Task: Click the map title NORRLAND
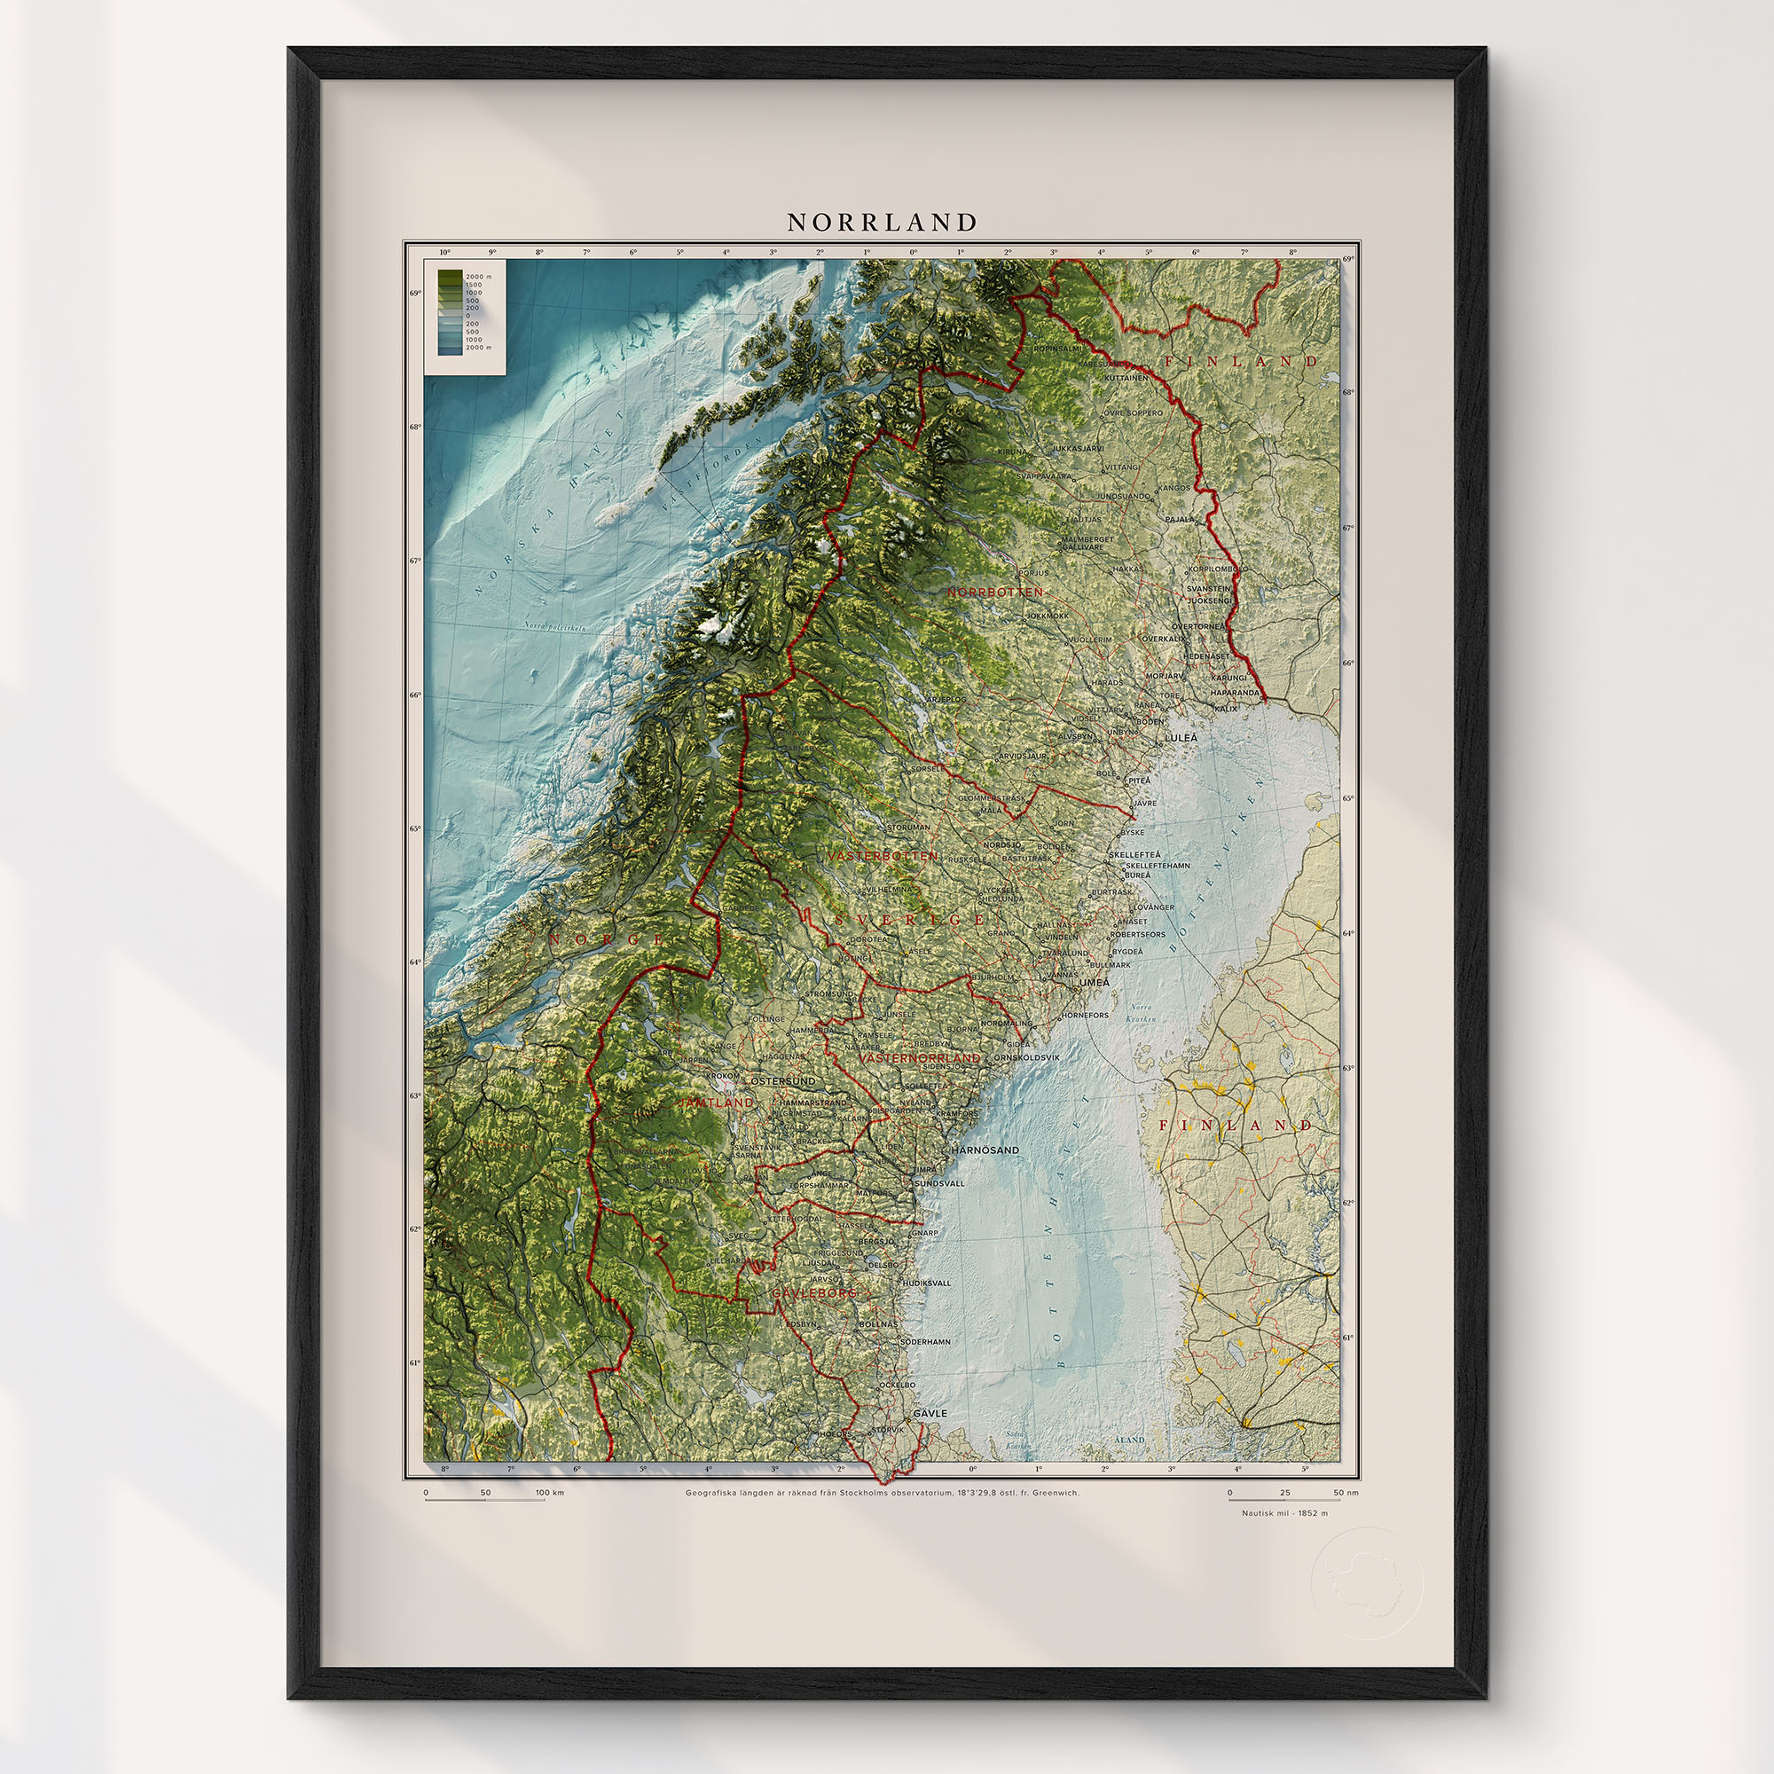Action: pyautogui.click(x=883, y=224)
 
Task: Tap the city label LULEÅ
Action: pyautogui.click(x=1181, y=737)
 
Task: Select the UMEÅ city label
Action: pyautogui.click(x=1095, y=983)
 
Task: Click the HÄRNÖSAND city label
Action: pyautogui.click(x=985, y=1150)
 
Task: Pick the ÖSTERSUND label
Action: pyautogui.click(x=783, y=1081)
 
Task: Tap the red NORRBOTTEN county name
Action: pyautogui.click(x=994, y=593)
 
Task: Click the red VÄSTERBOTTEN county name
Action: pyautogui.click(x=883, y=856)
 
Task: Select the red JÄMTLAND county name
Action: pyautogui.click(x=715, y=1103)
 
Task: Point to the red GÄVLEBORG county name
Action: pyautogui.click(x=813, y=1293)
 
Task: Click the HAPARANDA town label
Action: pyautogui.click(x=1235, y=693)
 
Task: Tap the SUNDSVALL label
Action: pyautogui.click(x=939, y=1183)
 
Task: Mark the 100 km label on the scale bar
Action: pyautogui.click(x=551, y=1493)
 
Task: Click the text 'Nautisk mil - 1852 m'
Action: pyautogui.click(x=1284, y=1513)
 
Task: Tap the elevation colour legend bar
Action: pyautogui.click(x=450, y=312)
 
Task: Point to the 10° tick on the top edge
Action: pyautogui.click(x=445, y=252)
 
